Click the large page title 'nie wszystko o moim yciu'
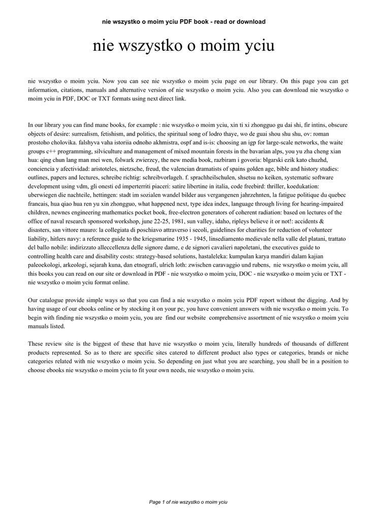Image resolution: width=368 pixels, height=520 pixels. (184, 46)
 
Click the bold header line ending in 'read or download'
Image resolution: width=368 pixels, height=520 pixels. (184, 22)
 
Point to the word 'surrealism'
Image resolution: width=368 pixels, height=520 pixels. (77, 134)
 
